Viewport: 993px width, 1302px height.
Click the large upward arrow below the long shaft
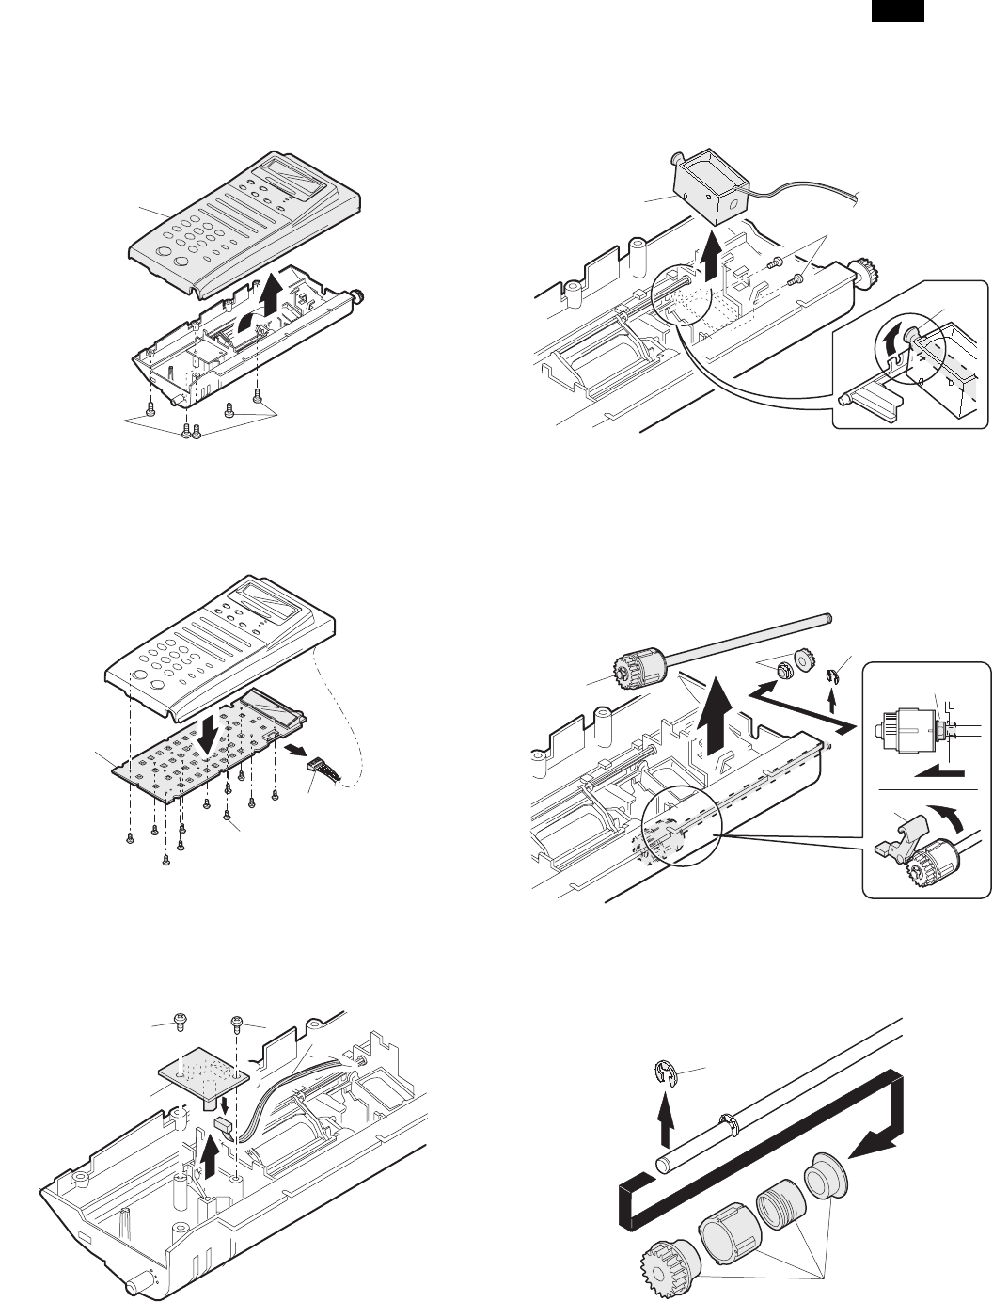721,715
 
